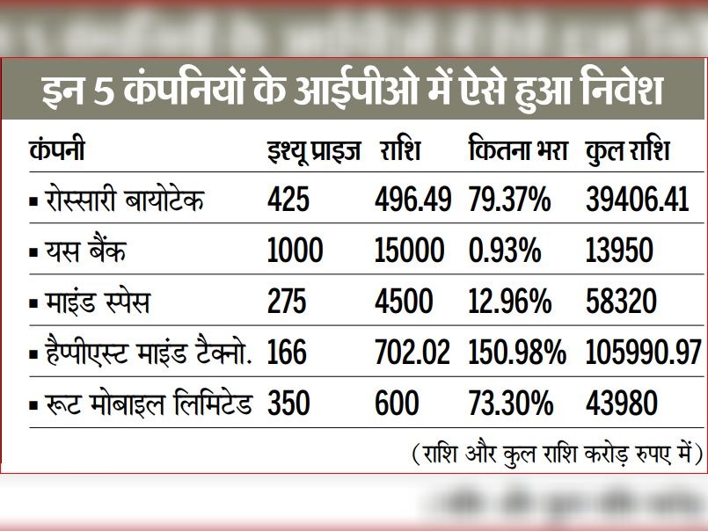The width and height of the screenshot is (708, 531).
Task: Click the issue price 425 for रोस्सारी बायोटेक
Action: point(288,200)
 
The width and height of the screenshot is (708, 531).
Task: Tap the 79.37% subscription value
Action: point(509,200)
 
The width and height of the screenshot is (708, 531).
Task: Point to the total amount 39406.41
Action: point(637,200)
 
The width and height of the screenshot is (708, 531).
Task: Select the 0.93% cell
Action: point(504,251)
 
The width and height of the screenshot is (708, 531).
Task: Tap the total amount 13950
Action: point(619,251)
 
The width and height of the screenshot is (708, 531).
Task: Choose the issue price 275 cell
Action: point(287,302)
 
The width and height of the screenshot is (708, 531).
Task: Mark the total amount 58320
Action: point(621,302)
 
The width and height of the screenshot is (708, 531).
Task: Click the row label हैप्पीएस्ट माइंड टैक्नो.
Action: point(146,353)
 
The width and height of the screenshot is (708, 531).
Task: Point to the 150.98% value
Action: point(516,353)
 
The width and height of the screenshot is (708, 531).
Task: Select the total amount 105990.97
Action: point(642,353)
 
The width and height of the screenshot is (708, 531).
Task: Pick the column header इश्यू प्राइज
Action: point(313,152)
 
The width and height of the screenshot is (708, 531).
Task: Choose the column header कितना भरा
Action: point(518,152)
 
